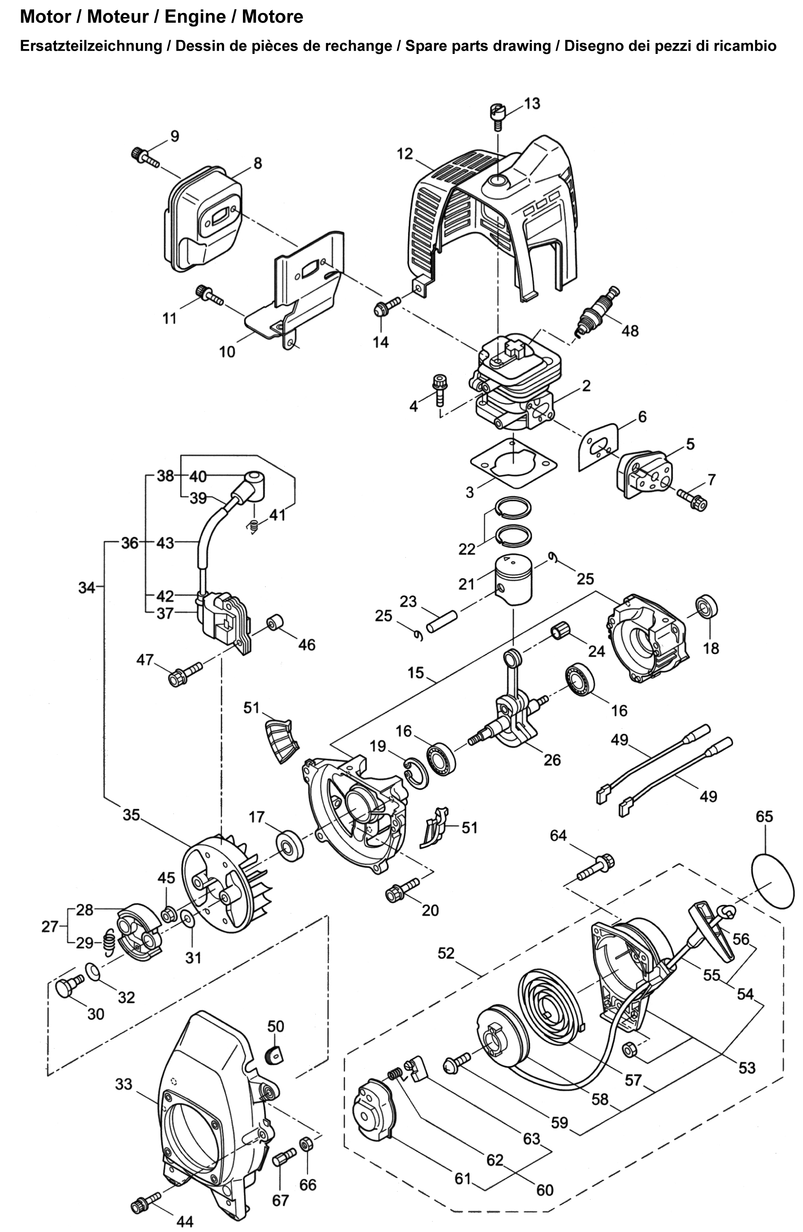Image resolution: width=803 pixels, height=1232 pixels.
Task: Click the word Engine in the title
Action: coord(195,17)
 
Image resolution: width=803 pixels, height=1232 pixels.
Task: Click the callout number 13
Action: coord(532,103)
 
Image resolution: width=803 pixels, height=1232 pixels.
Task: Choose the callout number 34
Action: coord(86,588)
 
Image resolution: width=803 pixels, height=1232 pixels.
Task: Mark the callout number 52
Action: coord(446,953)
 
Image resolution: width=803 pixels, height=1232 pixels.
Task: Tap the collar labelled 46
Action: coord(275,622)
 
